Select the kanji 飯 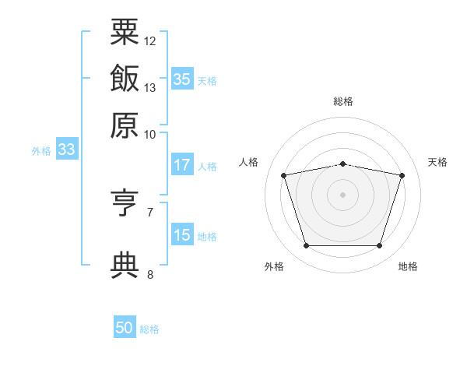125,78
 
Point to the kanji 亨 125,204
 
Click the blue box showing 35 182,79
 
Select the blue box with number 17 182,165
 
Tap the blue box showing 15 182,235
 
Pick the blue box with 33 66,150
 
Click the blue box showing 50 125,328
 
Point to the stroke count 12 150,40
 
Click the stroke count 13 150,87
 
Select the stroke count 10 150,134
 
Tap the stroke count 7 150,212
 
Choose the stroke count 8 150,274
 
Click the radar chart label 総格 342,101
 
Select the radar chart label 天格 437,162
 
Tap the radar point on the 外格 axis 306,246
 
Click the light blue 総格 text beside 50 149,329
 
